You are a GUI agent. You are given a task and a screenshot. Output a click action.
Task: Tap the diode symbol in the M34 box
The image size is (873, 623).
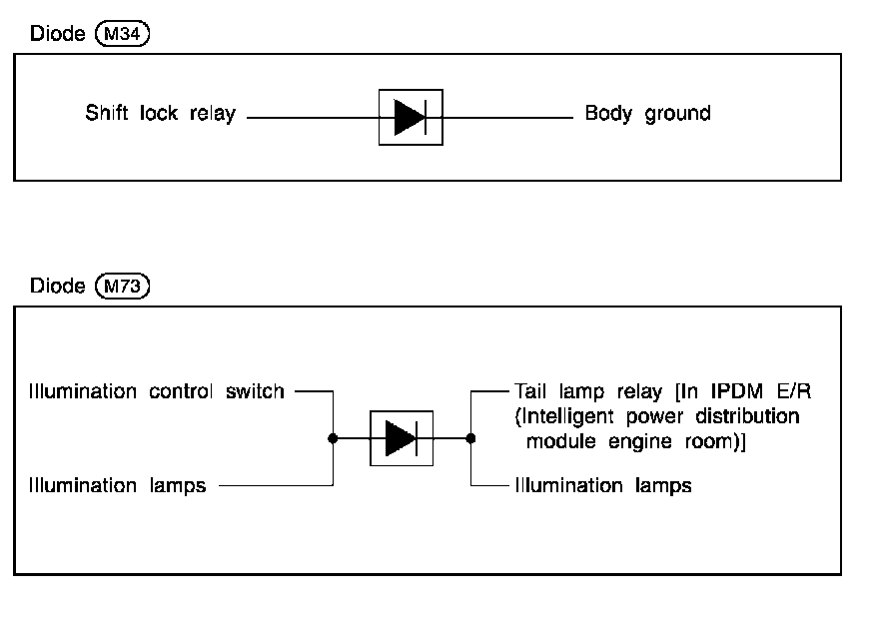click(x=411, y=118)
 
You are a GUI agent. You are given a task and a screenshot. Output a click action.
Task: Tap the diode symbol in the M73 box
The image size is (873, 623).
click(x=402, y=437)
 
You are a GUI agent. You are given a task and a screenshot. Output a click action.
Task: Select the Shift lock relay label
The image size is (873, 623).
click(x=160, y=114)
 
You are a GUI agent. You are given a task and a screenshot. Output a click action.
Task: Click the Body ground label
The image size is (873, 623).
click(x=647, y=114)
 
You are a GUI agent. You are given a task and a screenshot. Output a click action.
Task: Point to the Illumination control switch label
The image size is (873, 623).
click(x=157, y=391)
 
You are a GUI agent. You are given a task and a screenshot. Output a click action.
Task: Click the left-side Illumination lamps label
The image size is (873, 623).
click(x=118, y=486)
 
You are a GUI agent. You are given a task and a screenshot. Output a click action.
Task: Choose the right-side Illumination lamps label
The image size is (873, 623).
click(x=602, y=486)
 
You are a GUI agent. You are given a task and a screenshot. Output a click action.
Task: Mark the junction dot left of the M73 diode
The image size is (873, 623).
click(x=333, y=437)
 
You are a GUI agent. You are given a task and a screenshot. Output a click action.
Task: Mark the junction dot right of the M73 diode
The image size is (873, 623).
click(x=471, y=437)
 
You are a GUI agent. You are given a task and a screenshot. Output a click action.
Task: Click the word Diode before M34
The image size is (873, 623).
click(x=58, y=33)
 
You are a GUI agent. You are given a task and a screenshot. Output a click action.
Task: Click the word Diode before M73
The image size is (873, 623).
click(x=58, y=287)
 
